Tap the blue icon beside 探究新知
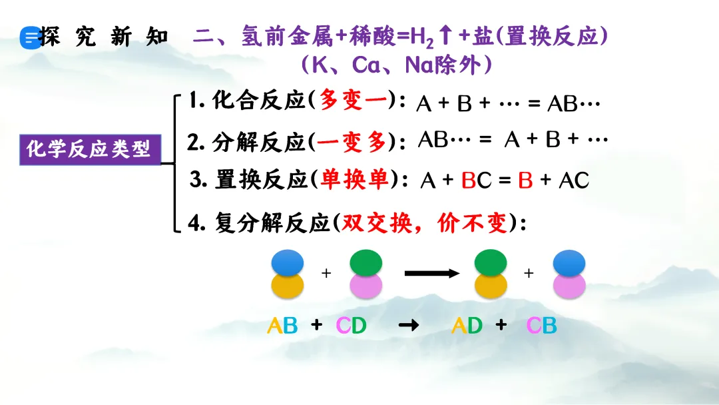(x=30, y=38)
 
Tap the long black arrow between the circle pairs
(x=433, y=273)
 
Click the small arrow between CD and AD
(x=408, y=326)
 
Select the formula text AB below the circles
(x=282, y=326)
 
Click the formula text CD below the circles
(x=351, y=326)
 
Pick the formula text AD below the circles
(x=466, y=326)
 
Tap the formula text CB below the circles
(x=541, y=326)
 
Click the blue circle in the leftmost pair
(x=288, y=262)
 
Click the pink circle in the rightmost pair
(x=569, y=286)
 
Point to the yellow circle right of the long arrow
(x=491, y=286)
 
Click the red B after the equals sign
(x=525, y=181)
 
